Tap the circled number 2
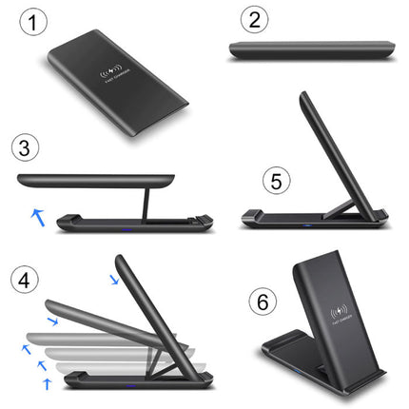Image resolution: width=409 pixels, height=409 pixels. tap(252, 20)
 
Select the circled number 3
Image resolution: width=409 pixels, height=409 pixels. tap(26, 148)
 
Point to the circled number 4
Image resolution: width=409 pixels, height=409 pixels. tap(26, 278)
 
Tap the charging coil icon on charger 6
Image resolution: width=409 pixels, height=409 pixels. tap(339, 310)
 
